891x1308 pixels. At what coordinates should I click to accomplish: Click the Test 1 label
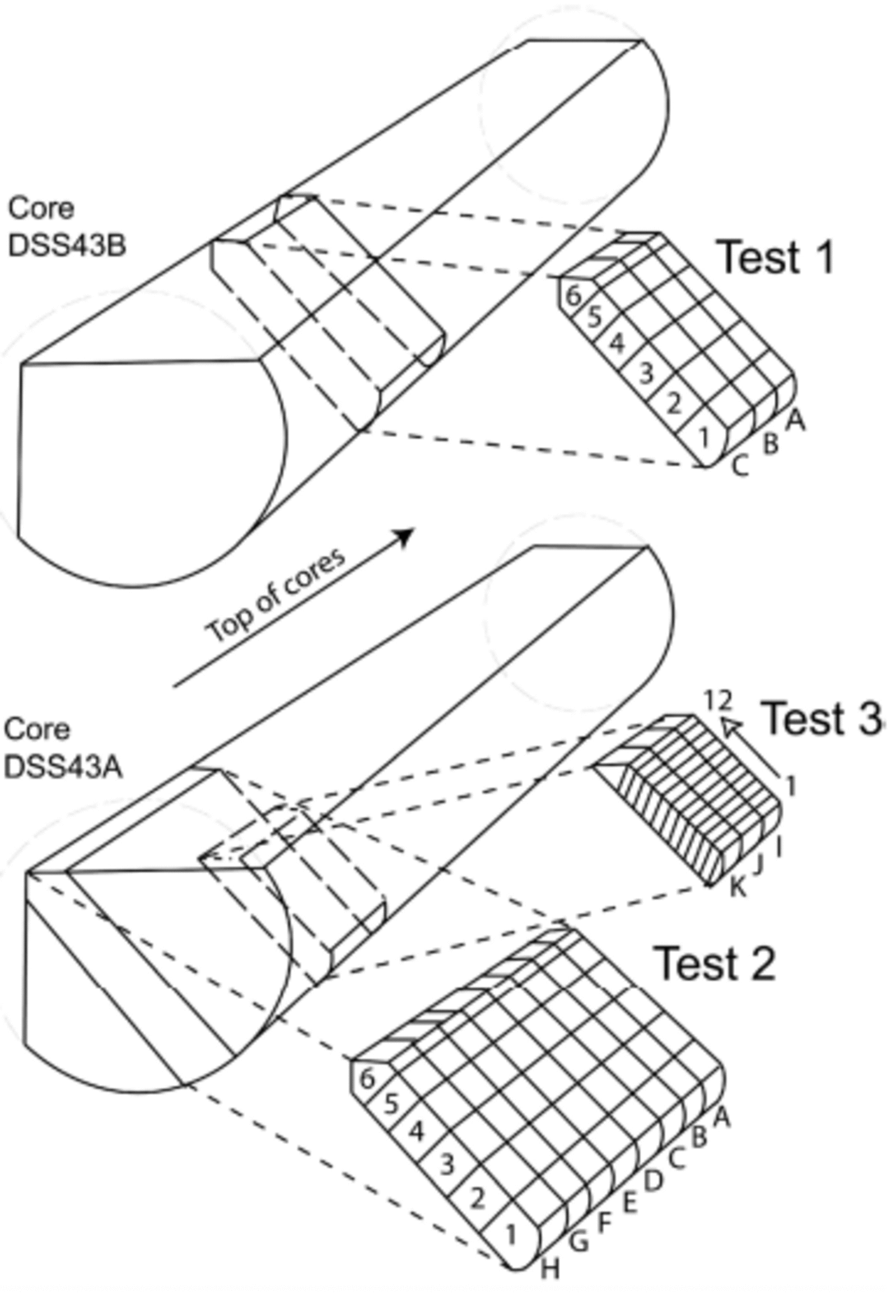click(775, 258)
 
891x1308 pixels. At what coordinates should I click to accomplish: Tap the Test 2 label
click(715, 963)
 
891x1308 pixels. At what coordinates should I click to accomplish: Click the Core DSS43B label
click(66, 227)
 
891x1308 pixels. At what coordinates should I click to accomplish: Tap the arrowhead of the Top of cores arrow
click(405, 537)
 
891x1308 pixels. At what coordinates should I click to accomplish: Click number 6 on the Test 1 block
click(573, 295)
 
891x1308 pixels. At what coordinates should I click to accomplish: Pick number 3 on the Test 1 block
click(645, 373)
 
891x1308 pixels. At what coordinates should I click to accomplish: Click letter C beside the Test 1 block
click(740, 466)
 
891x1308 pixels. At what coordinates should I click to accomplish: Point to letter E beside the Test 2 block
click(629, 1203)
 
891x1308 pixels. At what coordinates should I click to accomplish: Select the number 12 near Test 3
click(718, 700)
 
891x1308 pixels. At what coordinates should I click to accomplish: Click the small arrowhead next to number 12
click(731, 725)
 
